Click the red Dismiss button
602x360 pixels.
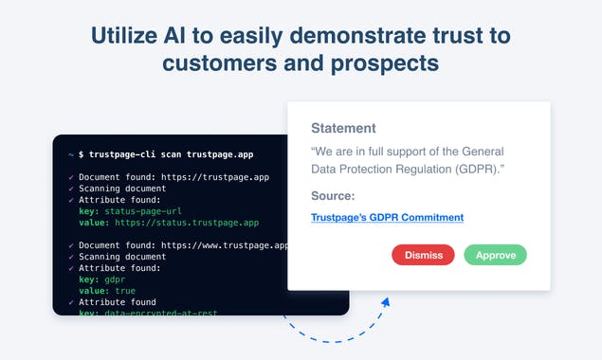pyautogui.click(x=422, y=255)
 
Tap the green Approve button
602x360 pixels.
pyautogui.click(x=495, y=255)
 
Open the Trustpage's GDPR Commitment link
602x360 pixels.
pyautogui.click(x=387, y=217)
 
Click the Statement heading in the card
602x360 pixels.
pyautogui.click(x=343, y=128)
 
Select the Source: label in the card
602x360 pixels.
pyautogui.click(x=333, y=196)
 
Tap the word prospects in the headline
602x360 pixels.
pyautogui.click(x=383, y=63)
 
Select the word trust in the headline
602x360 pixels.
pyautogui.click(x=444, y=36)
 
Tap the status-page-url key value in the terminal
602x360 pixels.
pyautogui.click(x=142, y=211)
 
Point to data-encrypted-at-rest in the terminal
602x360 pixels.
pyautogui.click(x=151, y=312)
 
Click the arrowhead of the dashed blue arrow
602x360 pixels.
pyautogui.click(x=386, y=302)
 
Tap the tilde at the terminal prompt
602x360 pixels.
pyautogui.click(x=71, y=153)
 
